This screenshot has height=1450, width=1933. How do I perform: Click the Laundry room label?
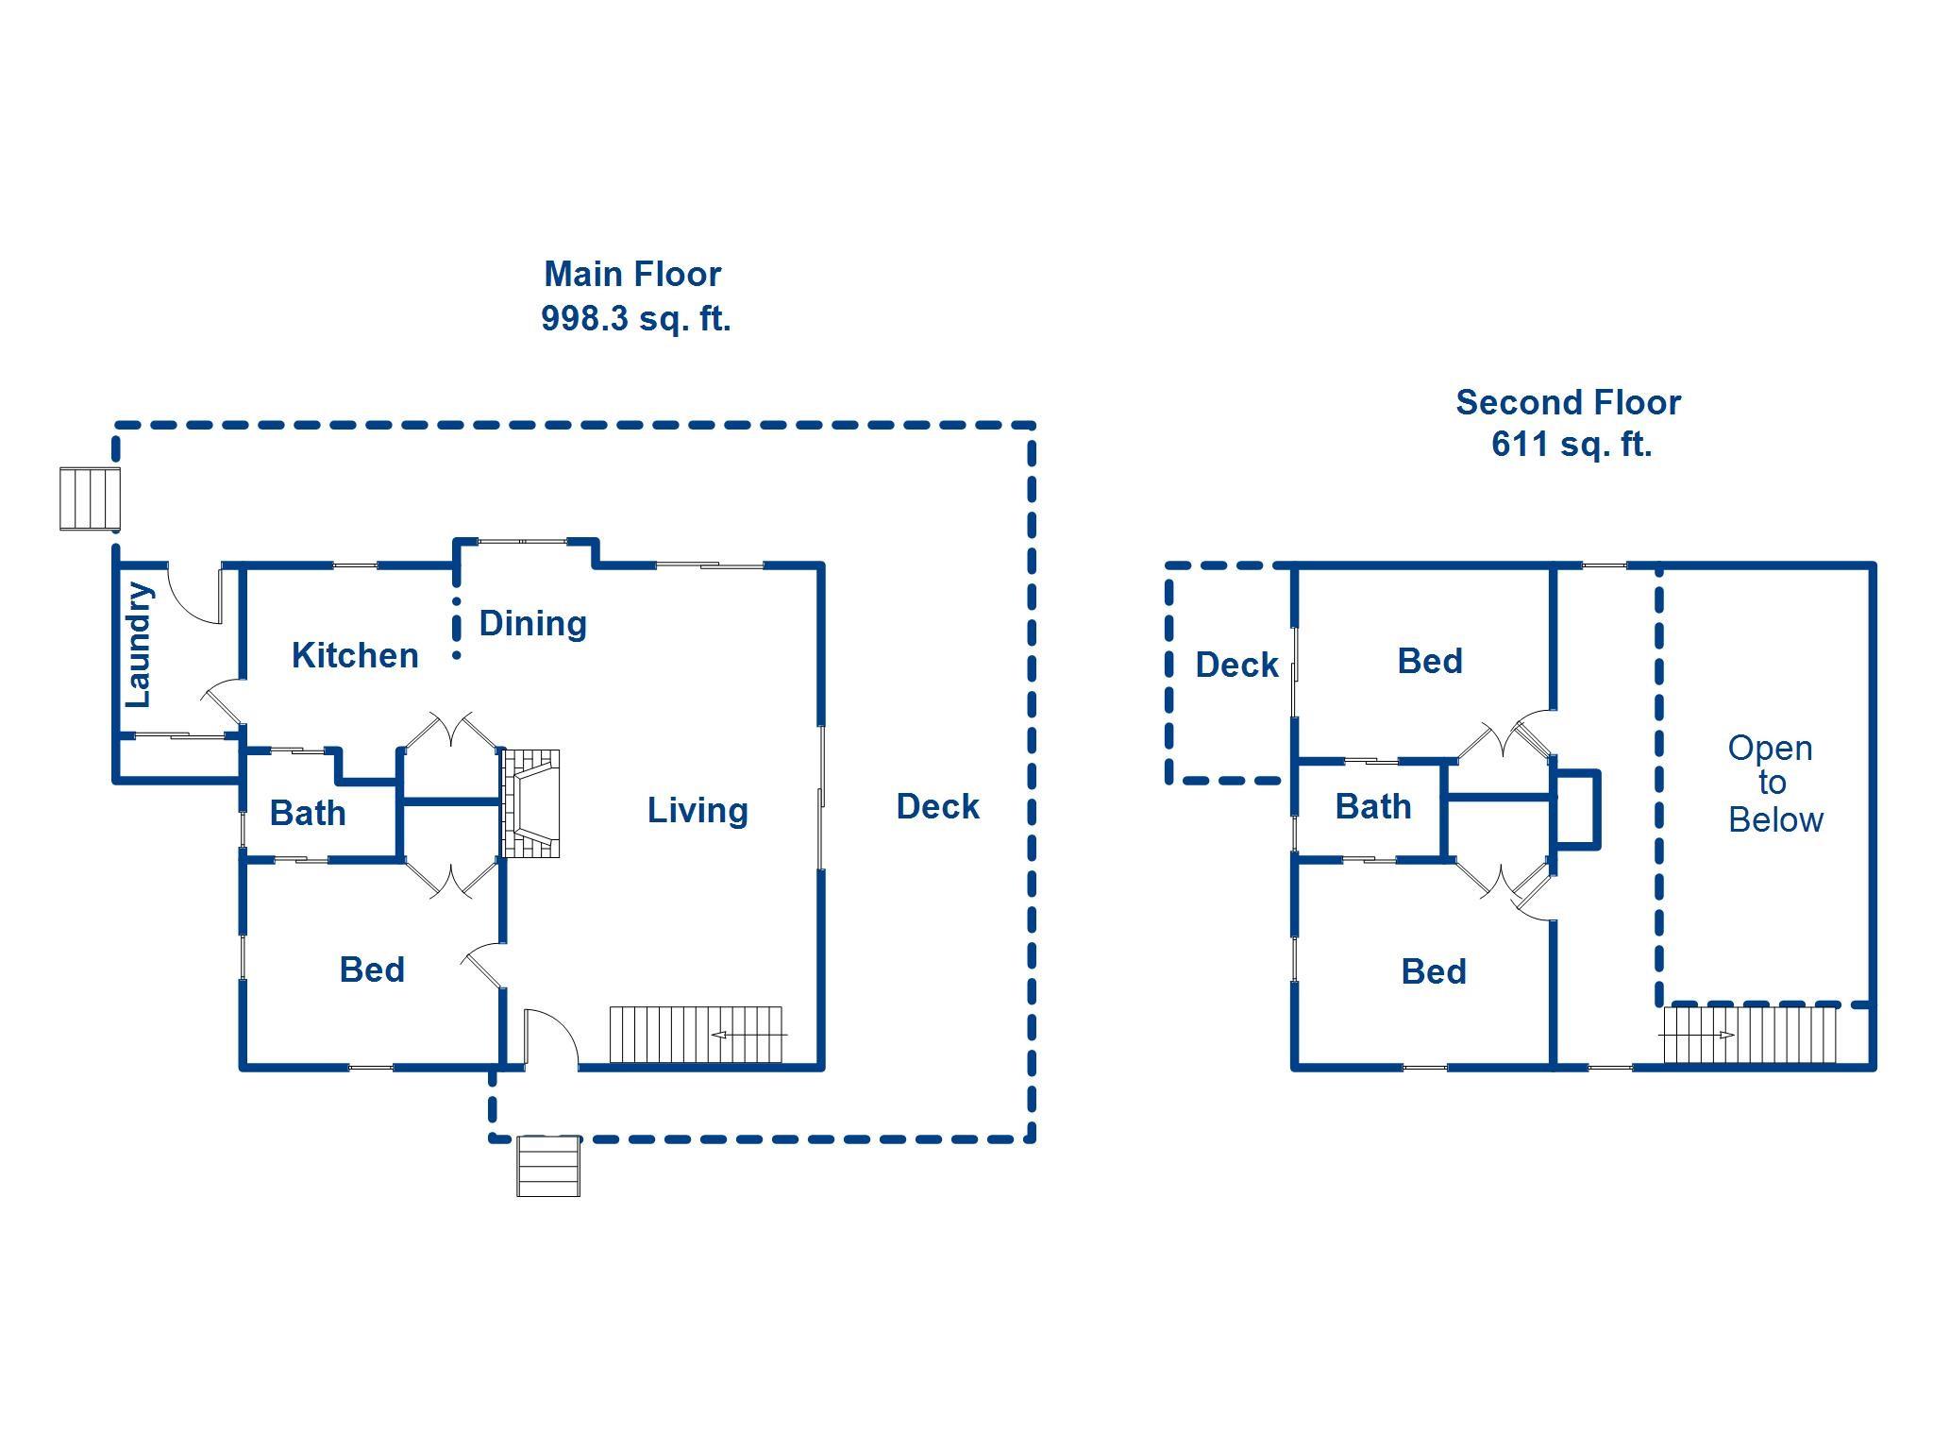(x=139, y=645)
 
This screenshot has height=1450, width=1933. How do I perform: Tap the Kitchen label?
(x=355, y=655)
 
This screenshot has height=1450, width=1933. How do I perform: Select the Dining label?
(x=533, y=624)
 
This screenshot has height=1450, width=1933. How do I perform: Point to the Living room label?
(x=698, y=811)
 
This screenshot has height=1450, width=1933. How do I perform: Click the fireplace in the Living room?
(x=530, y=803)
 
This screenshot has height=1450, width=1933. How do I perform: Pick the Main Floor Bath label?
(x=308, y=813)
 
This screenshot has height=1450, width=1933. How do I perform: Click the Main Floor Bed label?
(x=372, y=969)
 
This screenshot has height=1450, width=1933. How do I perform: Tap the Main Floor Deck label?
(x=938, y=807)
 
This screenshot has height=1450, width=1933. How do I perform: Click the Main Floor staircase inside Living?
(x=697, y=1035)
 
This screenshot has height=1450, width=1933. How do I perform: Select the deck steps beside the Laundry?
(x=91, y=498)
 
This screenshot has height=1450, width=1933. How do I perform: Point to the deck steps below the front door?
(x=548, y=1166)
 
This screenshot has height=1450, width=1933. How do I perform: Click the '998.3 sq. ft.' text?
(x=636, y=319)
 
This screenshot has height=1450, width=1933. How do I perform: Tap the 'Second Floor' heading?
(x=1569, y=403)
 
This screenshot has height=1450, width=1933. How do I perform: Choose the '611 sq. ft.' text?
(x=1572, y=445)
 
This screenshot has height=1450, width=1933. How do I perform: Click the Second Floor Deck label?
(x=1236, y=666)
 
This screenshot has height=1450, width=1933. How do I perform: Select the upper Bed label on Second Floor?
(x=1430, y=661)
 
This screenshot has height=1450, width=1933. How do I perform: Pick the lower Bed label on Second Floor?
(x=1434, y=971)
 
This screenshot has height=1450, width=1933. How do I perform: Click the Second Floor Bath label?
(x=1373, y=807)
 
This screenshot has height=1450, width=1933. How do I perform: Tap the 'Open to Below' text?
(x=1774, y=784)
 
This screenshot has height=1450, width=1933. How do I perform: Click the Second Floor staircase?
(x=1750, y=1036)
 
